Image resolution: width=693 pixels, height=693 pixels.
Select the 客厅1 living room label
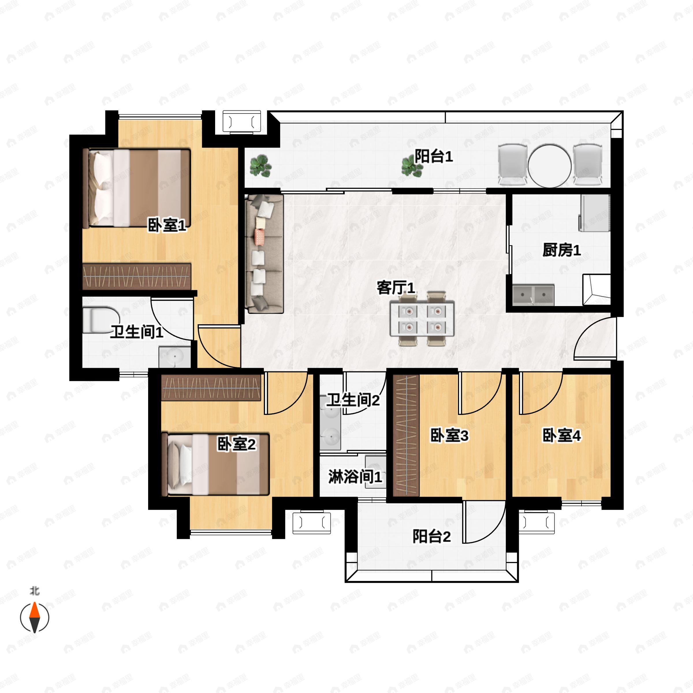point(396,288)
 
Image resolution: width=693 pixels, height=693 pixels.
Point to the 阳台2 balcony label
point(431,536)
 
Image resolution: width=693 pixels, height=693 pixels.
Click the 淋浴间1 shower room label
point(355,477)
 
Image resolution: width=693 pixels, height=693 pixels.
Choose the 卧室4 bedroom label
point(561,435)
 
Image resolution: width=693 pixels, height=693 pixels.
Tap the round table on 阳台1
point(549,165)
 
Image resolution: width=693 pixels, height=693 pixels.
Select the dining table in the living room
point(422,318)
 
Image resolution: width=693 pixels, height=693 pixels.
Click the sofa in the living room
point(264,254)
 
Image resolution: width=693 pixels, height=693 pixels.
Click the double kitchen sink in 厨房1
point(533,295)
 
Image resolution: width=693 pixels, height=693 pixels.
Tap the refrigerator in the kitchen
point(594,213)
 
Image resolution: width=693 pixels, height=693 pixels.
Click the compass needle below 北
point(34,617)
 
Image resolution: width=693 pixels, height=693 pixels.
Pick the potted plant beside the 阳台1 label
point(411,166)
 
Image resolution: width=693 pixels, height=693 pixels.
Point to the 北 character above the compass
point(34,590)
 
